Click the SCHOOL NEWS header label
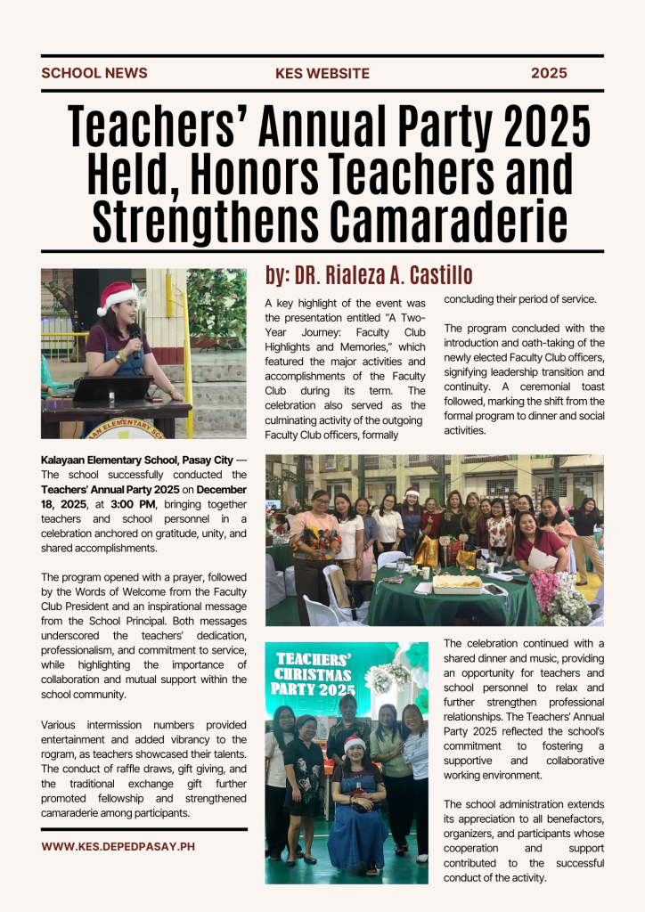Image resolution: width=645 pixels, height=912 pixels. [94, 73]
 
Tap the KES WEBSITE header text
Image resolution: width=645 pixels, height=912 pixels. [322, 73]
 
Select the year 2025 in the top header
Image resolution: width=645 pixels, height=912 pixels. [549, 73]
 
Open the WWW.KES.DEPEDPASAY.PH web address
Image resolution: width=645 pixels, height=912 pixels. [108, 846]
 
